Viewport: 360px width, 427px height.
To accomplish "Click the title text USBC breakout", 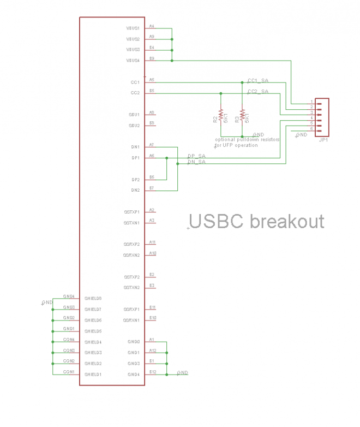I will (x=256, y=221).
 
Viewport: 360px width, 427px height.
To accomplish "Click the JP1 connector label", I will (x=323, y=140).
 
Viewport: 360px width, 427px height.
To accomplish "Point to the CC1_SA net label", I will (x=258, y=80).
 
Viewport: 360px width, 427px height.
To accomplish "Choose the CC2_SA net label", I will (x=258, y=91).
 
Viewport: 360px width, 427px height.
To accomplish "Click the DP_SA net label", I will (x=196, y=156).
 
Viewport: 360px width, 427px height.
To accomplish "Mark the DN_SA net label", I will (x=196, y=162).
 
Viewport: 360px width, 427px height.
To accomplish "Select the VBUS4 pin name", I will (x=133, y=61).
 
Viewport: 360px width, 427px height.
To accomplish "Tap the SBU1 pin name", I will (x=134, y=115).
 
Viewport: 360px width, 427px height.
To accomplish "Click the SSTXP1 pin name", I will (x=131, y=212).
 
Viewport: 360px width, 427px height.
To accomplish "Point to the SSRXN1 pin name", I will (x=131, y=320).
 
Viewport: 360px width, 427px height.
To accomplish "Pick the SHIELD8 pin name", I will (x=93, y=299).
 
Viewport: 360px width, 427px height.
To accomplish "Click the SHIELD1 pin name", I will (x=93, y=375).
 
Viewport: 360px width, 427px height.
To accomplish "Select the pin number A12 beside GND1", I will (x=153, y=350).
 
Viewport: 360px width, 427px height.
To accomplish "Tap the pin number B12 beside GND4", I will (x=153, y=372).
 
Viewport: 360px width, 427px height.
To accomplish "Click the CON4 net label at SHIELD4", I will (x=69, y=339).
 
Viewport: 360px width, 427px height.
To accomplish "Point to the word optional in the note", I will (x=226, y=140).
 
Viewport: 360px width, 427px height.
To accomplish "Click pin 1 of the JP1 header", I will (x=311, y=102).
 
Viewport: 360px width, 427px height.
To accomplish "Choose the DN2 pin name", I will (x=135, y=190).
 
